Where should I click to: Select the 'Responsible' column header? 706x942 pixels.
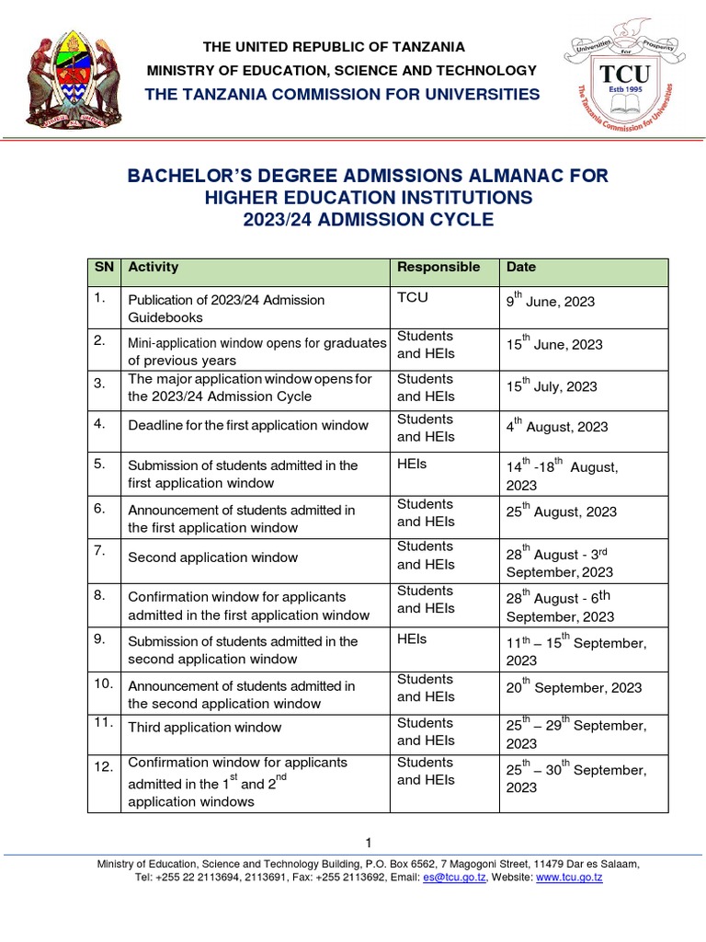(x=438, y=268)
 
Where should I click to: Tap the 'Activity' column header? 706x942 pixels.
(x=154, y=268)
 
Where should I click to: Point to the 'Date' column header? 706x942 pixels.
(x=521, y=268)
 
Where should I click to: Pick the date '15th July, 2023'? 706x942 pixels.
(x=552, y=386)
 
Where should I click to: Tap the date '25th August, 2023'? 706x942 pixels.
(x=562, y=511)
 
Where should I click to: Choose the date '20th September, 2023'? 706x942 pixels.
(x=575, y=687)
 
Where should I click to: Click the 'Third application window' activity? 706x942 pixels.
(x=205, y=728)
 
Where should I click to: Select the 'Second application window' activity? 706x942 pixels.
(x=213, y=557)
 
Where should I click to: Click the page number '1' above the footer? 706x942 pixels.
(x=368, y=843)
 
